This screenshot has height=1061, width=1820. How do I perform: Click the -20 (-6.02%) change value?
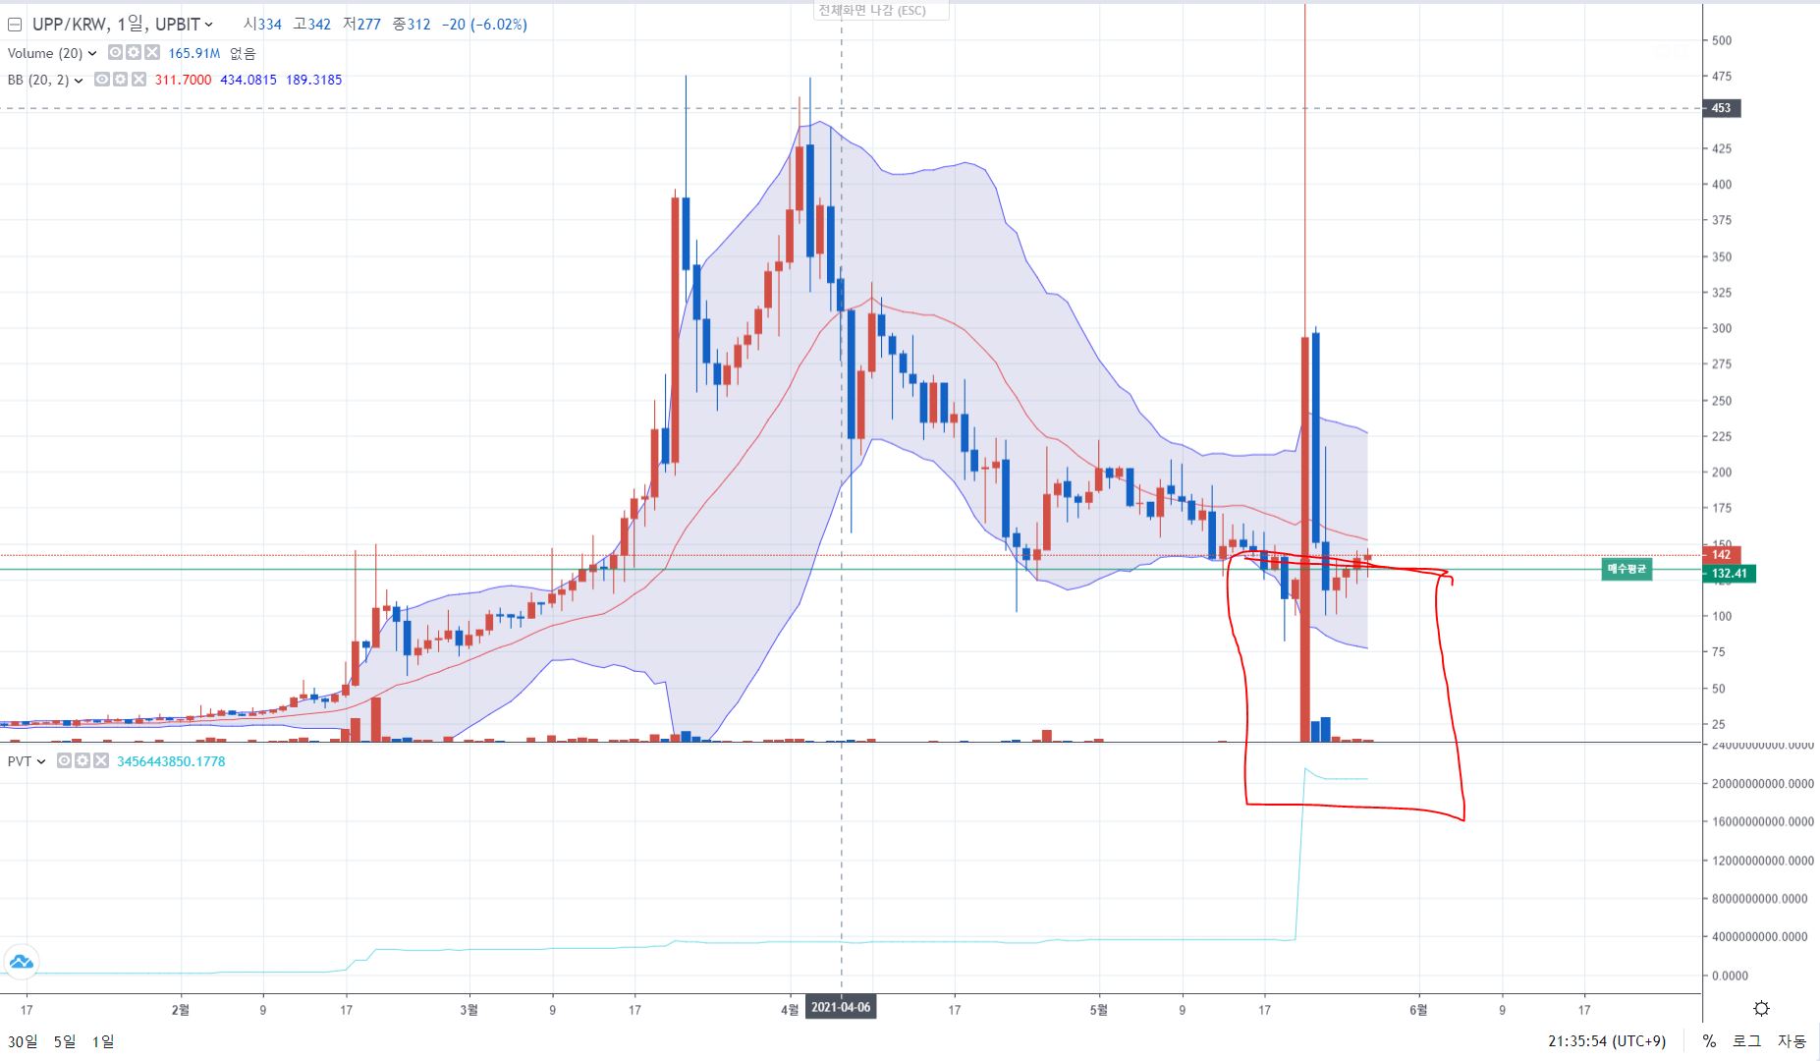(x=484, y=24)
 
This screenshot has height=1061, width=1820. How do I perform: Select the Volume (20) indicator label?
(x=45, y=53)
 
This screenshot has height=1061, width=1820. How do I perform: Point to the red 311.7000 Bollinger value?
(x=183, y=80)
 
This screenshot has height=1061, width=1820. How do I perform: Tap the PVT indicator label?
(x=20, y=761)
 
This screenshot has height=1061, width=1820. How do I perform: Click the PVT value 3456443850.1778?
(x=171, y=761)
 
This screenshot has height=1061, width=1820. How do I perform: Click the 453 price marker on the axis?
(x=1721, y=108)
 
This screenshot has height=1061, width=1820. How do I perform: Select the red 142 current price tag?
(x=1721, y=555)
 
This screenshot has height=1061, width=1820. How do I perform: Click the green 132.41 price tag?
(x=1729, y=574)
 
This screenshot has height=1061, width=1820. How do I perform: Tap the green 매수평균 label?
(x=1627, y=569)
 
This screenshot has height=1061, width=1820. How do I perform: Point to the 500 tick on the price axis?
(x=1722, y=40)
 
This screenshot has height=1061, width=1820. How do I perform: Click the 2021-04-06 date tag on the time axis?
(x=841, y=1009)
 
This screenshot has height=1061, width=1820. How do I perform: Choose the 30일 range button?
(x=23, y=1041)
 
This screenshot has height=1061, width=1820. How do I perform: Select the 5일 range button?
(x=64, y=1041)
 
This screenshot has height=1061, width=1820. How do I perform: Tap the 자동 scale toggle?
(x=1792, y=1041)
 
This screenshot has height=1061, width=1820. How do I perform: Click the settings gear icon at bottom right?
(x=1761, y=1009)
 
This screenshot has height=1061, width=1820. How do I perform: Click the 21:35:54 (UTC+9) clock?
(x=1607, y=1041)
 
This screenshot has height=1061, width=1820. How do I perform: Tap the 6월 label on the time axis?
(x=1418, y=1009)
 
